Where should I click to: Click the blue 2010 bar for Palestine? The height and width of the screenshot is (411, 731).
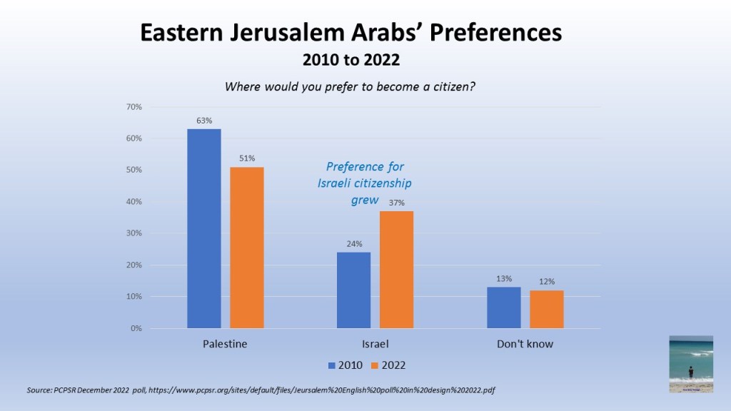(x=204, y=228)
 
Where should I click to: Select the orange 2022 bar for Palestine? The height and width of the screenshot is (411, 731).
(x=247, y=248)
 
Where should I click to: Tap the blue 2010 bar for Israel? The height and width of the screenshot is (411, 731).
(x=354, y=290)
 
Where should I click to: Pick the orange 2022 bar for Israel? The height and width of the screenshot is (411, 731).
(x=397, y=270)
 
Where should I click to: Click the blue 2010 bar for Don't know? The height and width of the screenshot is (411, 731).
(x=504, y=308)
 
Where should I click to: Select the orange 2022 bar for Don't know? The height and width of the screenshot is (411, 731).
(x=547, y=309)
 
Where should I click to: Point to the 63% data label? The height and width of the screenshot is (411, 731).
(x=204, y=121)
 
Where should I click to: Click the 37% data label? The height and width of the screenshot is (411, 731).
(x=397, y=203)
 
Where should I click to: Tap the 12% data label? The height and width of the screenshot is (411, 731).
(x=547, y=282)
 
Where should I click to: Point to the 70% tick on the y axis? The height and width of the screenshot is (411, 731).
(x=133, y=107)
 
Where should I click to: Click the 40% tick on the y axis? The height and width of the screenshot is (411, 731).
(x=133, y=202)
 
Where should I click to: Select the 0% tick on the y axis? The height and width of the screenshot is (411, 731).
(x=136, y=328)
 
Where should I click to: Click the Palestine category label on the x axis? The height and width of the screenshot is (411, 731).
(x=226, y=344)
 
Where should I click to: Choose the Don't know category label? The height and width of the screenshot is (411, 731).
(x=525, y=344)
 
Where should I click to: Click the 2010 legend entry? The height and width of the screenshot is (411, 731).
(x=346, y=365)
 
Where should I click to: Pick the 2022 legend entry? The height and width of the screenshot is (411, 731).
(x=388, y=365)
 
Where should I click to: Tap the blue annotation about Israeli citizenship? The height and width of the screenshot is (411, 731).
(x=365, y=183)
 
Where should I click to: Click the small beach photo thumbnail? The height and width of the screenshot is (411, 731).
(x=690, y=364)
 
